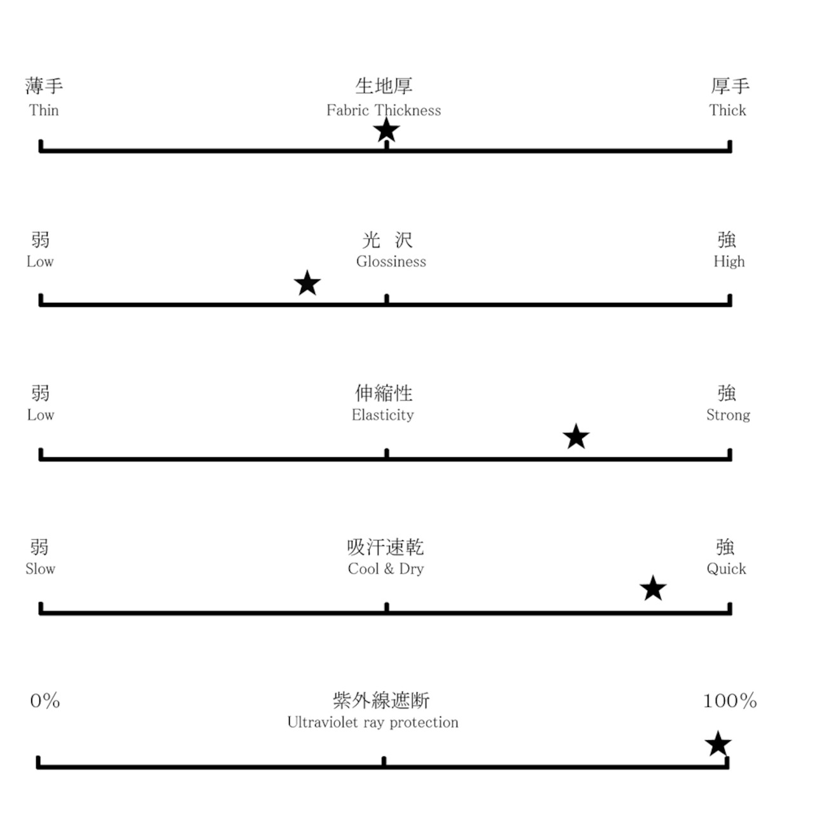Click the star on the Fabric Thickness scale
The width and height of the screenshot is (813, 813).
(386, 130)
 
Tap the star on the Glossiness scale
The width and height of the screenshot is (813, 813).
(307, 283)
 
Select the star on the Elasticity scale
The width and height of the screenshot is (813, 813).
(576, 436)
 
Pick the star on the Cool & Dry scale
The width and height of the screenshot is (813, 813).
(653, 588)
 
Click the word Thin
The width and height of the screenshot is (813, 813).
(44, 111)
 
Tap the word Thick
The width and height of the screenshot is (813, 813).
(727, 111)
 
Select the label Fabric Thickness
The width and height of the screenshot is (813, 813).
(384, 111)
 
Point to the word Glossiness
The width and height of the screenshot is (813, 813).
(391, 262)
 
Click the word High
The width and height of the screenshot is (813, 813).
(729, 262)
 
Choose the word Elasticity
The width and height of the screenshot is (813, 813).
(382, 415)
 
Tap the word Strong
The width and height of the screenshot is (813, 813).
(728, 415)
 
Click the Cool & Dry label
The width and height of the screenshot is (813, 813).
(386, 568)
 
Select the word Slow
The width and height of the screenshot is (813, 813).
(41, 568)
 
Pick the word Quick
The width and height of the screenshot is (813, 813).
(726, 569)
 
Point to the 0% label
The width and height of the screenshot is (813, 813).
(45, 701)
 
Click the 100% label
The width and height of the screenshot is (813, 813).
(730, 701)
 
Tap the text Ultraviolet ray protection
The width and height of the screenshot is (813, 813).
(373, 722)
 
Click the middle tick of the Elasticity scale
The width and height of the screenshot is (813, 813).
(386, 454)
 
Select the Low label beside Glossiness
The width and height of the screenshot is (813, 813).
(40, 262)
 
